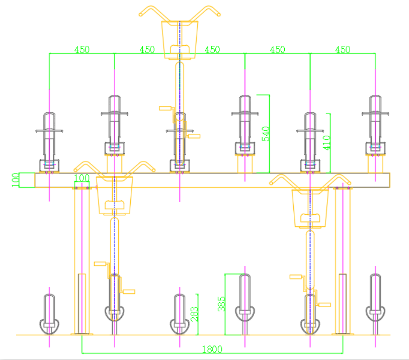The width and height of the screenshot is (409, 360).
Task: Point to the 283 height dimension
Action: point(194,314)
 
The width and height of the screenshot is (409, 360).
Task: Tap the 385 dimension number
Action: point(221,304)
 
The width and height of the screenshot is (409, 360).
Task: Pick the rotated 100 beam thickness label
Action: point(15,179)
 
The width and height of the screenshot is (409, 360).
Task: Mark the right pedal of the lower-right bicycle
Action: point(323,304)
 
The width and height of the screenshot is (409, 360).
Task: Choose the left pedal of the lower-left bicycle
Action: point(100,263)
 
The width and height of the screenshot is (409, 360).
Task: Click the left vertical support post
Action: point(81,261)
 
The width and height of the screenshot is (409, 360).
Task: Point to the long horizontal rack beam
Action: point(211,180)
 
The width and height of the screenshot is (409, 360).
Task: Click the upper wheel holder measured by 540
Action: point(245,126)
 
